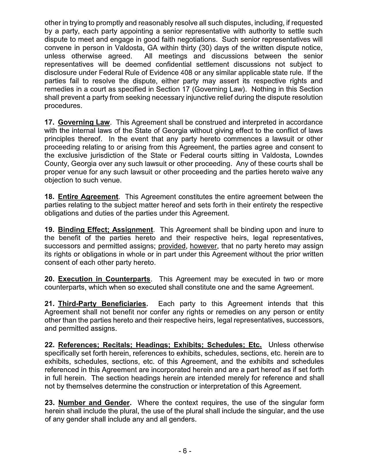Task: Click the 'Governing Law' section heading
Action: [84, 122]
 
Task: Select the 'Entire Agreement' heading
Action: [88, 197]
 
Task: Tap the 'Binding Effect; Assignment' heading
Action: [105, 230]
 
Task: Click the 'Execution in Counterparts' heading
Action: [104, 279]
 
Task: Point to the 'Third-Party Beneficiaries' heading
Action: [102, 304]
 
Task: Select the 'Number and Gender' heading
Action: [94, 403]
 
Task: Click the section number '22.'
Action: [50, 345]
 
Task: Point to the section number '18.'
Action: [50, 197]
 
